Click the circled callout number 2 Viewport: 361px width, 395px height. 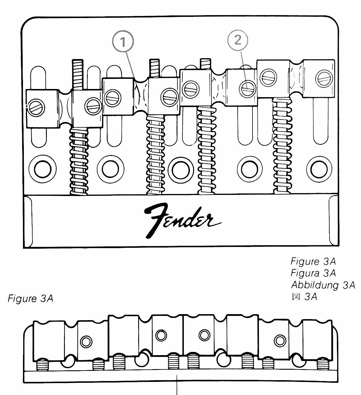coord(238,40)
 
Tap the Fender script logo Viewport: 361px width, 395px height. coord(182,221)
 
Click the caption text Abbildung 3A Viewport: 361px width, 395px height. coord(323,285)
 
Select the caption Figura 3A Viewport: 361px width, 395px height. coord(313,273)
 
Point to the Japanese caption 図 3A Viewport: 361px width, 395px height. coord(304,297)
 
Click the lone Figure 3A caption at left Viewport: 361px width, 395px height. coord(30,298)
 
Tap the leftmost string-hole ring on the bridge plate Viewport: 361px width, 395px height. coord(42,169)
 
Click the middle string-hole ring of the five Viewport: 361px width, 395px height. coord(181,170)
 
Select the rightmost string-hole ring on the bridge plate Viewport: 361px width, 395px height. coord(319,169)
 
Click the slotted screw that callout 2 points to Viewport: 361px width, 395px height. coord(248,89)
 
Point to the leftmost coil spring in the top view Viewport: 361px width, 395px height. coord(79,161)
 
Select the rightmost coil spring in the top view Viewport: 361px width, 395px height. coord(282,146)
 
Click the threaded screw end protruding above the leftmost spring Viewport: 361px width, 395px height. coord(78,74)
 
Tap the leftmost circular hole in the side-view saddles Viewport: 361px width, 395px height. coord(86,341)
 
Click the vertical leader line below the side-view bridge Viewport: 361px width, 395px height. coord(177,385)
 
